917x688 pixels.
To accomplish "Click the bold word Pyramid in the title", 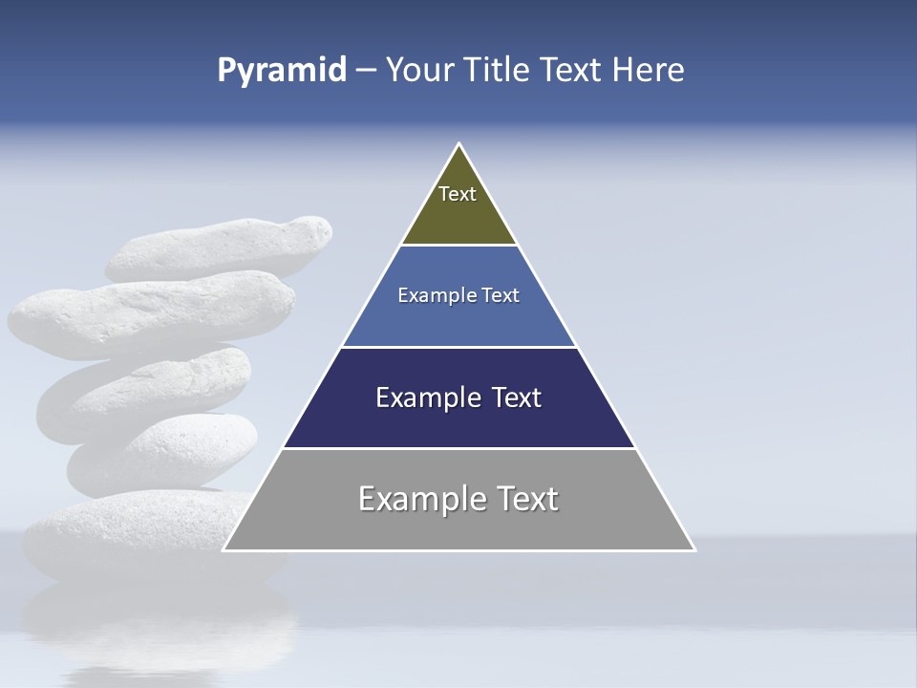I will coord(282,71).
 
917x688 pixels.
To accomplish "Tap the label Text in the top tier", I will coord(458,194).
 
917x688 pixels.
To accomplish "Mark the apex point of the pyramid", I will coord(459,144).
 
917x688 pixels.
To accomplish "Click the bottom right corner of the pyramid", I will coord(693,549).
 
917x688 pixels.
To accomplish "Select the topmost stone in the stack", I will coord(220,247).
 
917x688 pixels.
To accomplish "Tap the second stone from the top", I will coord(153,312).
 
